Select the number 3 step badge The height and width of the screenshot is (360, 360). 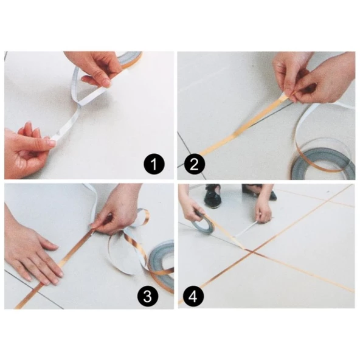[147, 296]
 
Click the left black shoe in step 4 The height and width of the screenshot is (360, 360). [212, 196]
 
